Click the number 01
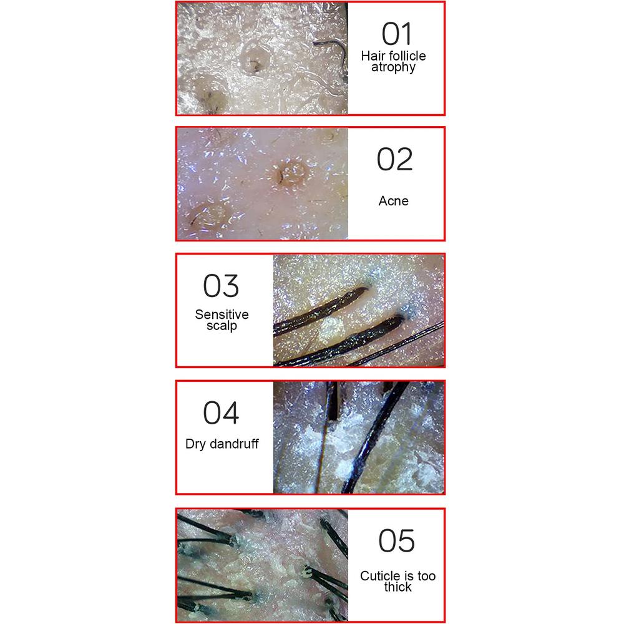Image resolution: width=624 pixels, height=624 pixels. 397,34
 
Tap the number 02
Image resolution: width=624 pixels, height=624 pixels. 395,159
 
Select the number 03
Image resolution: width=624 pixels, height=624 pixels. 221,286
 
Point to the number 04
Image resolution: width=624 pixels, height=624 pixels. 221,412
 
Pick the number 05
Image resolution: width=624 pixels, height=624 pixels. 396,540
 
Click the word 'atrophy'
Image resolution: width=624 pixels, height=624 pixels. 393,67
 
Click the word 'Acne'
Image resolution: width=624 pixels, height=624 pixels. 393,200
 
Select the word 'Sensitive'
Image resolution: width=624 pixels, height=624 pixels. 222,314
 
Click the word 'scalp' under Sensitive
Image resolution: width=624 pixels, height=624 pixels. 222,326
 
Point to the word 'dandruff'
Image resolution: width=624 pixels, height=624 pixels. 234,443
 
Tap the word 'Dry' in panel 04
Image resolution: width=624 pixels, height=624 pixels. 195,444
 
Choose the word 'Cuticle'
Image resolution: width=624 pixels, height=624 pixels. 375,575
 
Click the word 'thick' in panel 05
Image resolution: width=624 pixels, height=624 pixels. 397,587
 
